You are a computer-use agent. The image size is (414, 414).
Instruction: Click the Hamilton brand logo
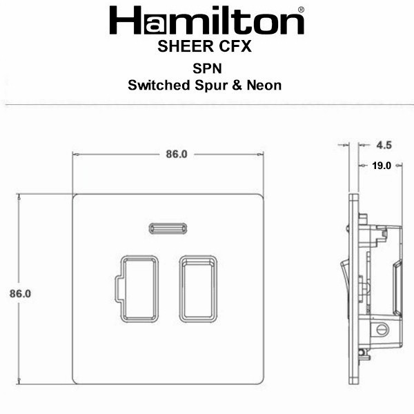point(206,20)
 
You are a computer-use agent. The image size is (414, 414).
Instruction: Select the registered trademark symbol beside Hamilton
point(301,10)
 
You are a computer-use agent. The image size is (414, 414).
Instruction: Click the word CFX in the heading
point(235,46)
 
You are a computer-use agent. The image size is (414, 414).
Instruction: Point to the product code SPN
point(207,68)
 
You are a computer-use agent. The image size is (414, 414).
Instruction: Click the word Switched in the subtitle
point(159,86)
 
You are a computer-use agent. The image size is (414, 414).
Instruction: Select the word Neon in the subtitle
point(264,86)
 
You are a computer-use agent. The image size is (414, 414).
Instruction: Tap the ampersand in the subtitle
point(237,86)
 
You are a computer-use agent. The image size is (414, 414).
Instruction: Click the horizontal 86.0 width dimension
point(177,154)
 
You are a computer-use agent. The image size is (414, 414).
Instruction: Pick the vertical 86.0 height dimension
point(20,294)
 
